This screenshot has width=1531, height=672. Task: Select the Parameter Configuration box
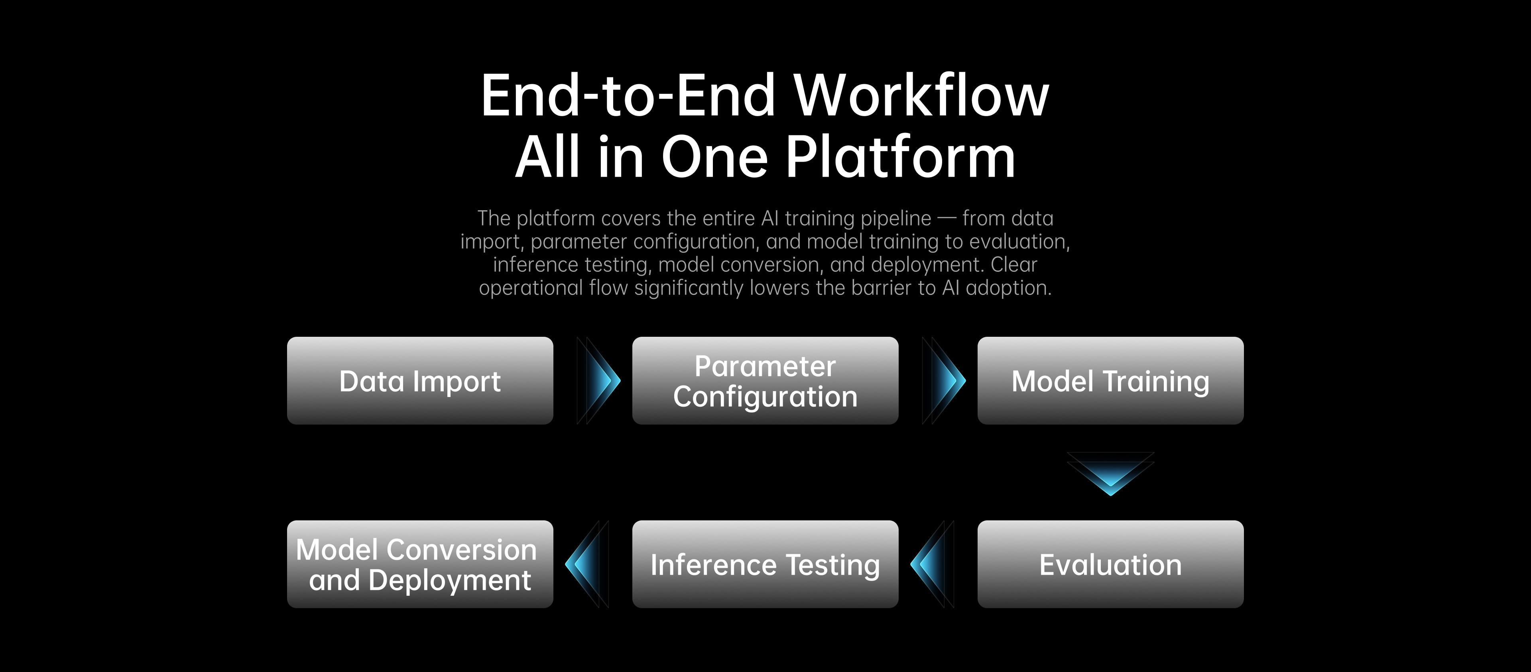(765, 381)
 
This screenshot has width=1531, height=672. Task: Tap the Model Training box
(1110, 381)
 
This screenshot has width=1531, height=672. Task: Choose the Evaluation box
(1110, 564)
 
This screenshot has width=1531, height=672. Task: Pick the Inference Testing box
(765, 564)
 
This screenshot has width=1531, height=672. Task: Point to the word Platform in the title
(901, 157)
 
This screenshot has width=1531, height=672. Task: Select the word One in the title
(715, 157)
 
